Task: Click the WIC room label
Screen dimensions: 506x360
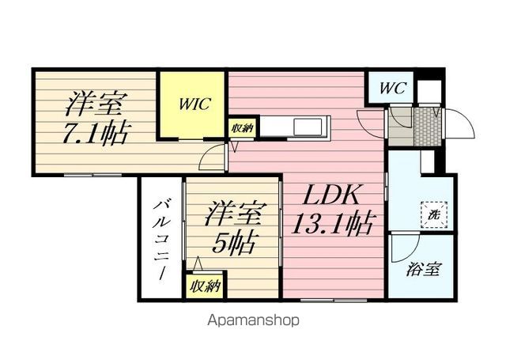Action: click(x=195, y=104)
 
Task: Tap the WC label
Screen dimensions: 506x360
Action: click(x=391, y=88)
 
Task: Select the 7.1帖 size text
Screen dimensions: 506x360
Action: click(x=94, y=134)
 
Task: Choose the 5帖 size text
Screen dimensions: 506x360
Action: click(x=231, y=242)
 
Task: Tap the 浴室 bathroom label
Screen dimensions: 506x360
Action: click(x=423, y=269)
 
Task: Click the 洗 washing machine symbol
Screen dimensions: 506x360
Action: click(x=434, y=215)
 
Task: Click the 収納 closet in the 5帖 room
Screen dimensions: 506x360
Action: click(x=205, y=286)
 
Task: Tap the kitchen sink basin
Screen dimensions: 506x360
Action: click(x=308, y=127)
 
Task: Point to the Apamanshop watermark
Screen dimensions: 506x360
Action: click(x=253, y=320)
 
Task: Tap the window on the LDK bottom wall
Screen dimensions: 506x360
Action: click(x=334, y=301)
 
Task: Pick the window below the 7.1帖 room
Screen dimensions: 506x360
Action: click(x=93, y=175)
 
